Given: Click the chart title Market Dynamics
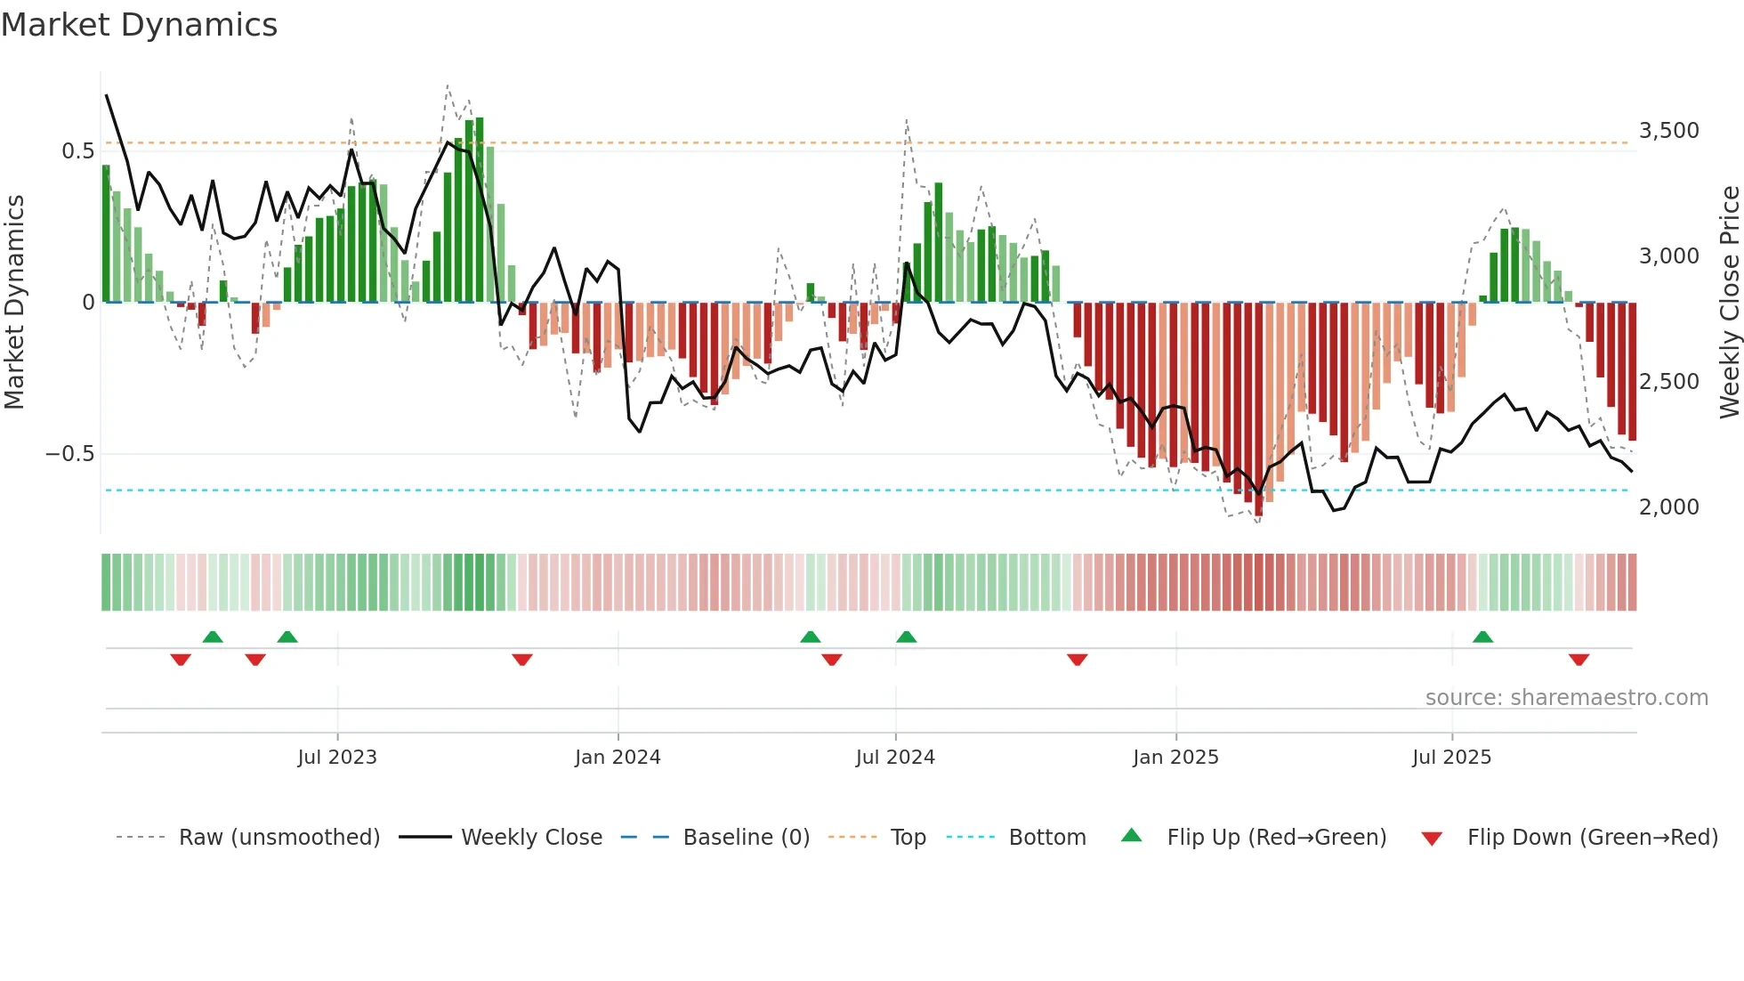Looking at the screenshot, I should [139, 25].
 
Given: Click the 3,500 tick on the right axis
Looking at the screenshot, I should [1668, 131].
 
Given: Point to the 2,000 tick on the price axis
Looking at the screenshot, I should [1668, 507].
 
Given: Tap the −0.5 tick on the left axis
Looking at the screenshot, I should [69, 454].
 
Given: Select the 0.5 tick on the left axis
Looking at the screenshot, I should [77, 151].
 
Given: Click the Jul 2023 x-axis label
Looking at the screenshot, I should [337, 758].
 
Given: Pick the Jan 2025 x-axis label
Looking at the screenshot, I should [1175, 758].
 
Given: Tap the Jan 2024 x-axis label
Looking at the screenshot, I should [618, 758].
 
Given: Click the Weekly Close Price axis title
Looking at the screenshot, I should [1729, 302].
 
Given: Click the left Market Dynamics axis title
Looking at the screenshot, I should [14, 302].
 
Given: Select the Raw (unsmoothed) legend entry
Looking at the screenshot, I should [279, 838].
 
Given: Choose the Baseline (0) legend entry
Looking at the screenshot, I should [746, 838].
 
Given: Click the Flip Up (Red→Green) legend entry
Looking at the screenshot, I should [1276, 838].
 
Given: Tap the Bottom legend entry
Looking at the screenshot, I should [1046, 838].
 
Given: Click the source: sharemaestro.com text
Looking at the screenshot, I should [1566, 698].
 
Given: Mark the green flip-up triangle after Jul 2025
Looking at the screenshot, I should [1482, 637].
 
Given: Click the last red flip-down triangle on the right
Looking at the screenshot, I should [1578, 660].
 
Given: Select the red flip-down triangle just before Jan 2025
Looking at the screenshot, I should [1077, 660].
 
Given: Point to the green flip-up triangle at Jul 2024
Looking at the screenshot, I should [906, 637].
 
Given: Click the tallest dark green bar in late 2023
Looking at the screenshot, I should [480, 209].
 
